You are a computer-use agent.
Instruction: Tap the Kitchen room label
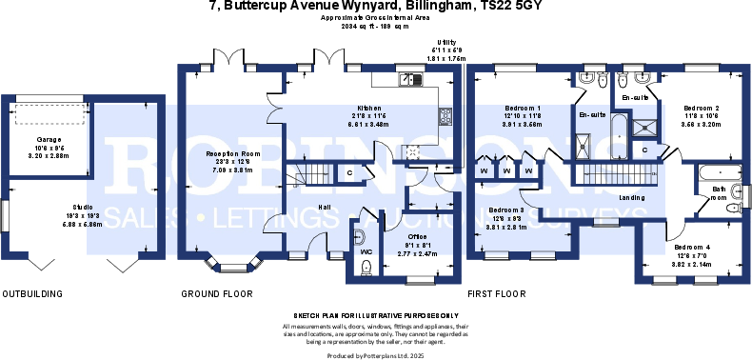pyautogui.click(x=368, y=109)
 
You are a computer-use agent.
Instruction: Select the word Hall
pyautogui.click(x=325, y=207)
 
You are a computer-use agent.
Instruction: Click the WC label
pyautogui.click(x=366, y=252)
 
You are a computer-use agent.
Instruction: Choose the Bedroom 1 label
pyautogui.click(x=523, y=109)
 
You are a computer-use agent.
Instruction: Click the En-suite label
pyautogui.click(x=593, y=115)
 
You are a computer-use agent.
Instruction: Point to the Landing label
pyautogui.click(x=631, y=197)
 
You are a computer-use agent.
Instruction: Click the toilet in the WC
pyautogui.click(x=360, y=236)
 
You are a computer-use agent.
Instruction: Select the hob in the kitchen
pyautogui.click(x=414, y=150)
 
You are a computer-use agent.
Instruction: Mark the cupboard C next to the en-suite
pyautogui.click(x=644, y=150)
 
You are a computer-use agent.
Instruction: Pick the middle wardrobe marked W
pyautogui.click(x=506, y=171)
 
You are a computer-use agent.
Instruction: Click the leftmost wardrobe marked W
pyautogui.click(x=485, y=171)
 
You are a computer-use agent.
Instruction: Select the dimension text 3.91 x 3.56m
pyautogui.click(x=523, y=124)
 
